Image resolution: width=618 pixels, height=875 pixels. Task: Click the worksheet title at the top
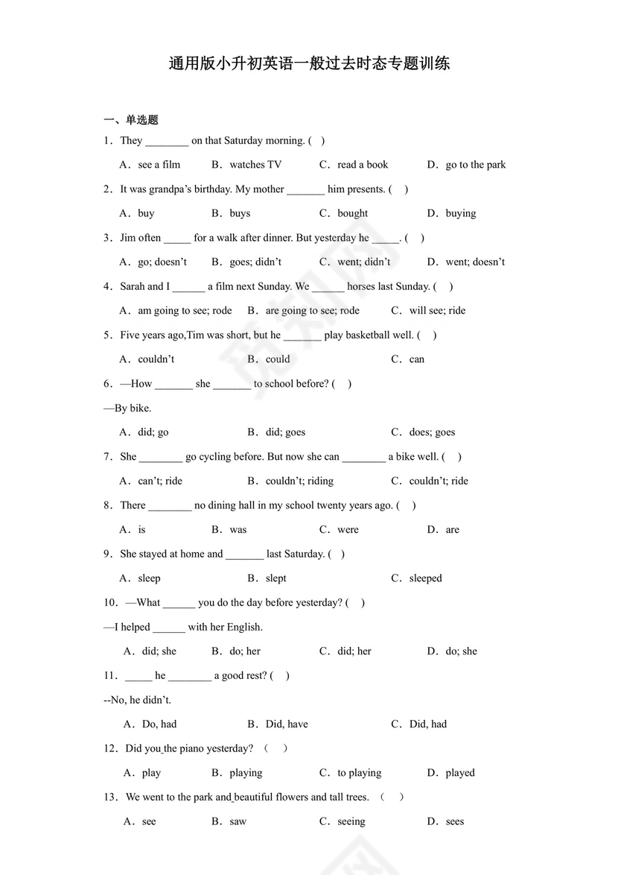pos(309,63)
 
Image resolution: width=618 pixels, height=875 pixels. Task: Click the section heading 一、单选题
pos(131,119)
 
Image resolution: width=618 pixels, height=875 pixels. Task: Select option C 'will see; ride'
pos(436,311)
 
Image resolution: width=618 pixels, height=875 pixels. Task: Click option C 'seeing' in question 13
pos(351,821)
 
